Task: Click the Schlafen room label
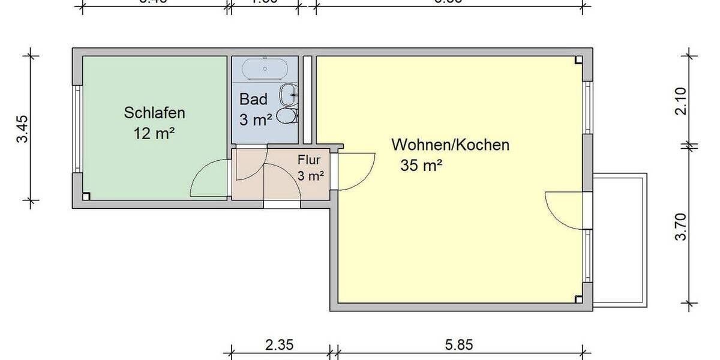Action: click(x=154, y=112)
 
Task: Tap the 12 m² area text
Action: click(x=154, y=133)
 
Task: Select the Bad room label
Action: click(x=253, y=99)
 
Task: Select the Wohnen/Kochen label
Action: click(x=450, y=145)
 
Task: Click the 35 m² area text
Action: click(x=421, y=166)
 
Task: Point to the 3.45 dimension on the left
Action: click(x=22, y=128)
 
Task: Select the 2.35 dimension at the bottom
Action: click(x=280, y=345)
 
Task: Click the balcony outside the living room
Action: click(x=620, y=240)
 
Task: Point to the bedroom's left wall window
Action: click(x=76, y=130)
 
